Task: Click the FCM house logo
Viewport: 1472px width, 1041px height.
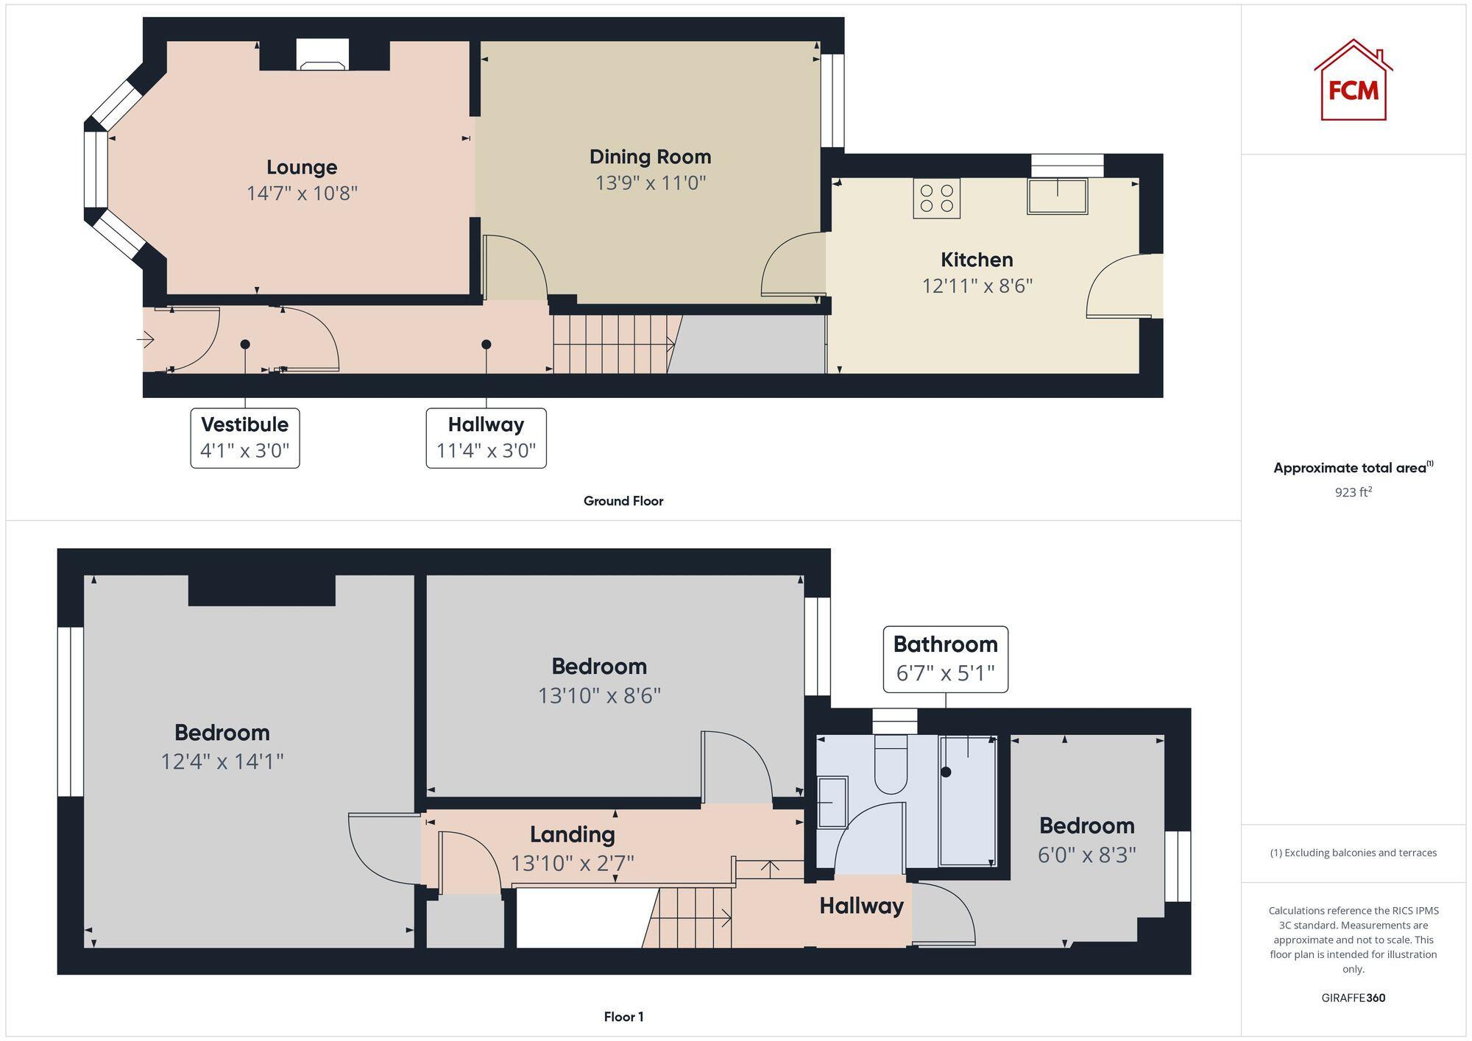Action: coord(1353,81)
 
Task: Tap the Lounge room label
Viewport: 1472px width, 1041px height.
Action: coord(302,168)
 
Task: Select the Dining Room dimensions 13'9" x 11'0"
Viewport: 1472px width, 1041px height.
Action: coord(651,182)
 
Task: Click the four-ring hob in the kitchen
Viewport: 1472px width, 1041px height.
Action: coord(936,198)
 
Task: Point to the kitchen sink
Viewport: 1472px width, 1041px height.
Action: coord(1057,196)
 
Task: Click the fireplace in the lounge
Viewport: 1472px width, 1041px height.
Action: coord(322,55)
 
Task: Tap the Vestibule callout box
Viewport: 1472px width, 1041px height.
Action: coord(245,438)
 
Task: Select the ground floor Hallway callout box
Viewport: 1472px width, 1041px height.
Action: coord(486,438)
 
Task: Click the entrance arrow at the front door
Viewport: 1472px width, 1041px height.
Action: coord(146,339)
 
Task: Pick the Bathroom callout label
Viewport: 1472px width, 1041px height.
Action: coord(945,658)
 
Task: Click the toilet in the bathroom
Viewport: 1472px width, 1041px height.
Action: coord(891,765)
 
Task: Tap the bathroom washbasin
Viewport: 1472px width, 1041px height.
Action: coord(832,802)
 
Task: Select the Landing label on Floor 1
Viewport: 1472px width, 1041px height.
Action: coord(572,834)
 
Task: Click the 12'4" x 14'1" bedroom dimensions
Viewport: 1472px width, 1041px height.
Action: coord(222,761)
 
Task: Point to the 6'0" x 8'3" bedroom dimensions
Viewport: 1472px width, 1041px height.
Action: coord(1086,854)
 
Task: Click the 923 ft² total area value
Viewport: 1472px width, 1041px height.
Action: coord(1353,492)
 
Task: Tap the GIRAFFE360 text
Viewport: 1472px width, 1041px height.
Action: coord(1353,998)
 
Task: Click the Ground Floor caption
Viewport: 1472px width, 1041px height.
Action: coord(623,501)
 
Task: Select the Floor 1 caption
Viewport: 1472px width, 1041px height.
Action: coord(623,1017)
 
